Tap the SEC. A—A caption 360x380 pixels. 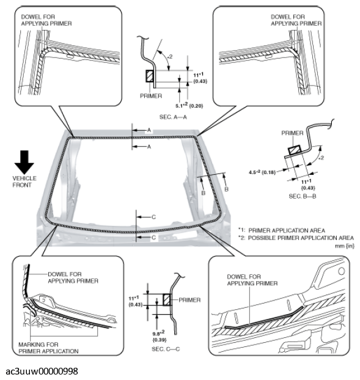tap(173, 117)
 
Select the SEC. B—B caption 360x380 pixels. tap(303, 196)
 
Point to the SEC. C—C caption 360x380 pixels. tap(166, 349)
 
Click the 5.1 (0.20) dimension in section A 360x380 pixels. tap(189, 106)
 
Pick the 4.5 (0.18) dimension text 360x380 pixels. tap(262, 172)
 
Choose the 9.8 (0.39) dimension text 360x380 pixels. tap(160, 336)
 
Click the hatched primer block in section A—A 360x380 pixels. tap(150, 76)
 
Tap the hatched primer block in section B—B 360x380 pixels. tap(295, 150)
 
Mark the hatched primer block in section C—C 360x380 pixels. tap(167, 300)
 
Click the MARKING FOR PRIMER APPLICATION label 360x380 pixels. tap(48, 348)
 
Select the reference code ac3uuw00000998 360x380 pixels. tap(42, 371)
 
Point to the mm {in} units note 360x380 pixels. tap(345, 246)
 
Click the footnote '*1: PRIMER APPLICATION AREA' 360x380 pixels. tap(281, 230)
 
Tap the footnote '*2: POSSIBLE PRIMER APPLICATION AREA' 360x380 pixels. tap(296, 238)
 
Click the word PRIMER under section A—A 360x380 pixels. tap(151, 96)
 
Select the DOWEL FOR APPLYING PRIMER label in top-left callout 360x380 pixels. tap(46, 20)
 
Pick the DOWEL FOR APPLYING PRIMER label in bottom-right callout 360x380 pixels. tap(252, 280)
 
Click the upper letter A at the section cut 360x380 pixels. tap(149, 130)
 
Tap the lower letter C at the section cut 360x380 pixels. tap(153, 238)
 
